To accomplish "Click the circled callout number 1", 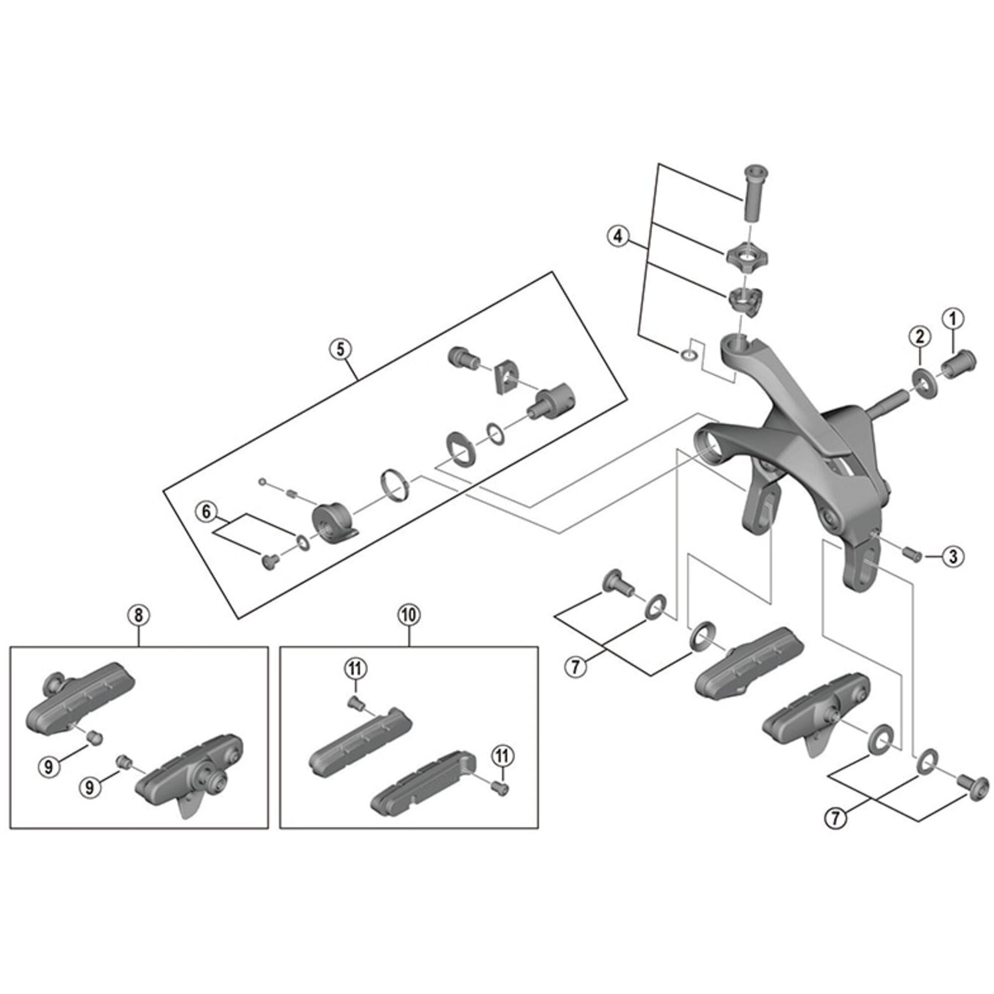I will [x=952, y=319].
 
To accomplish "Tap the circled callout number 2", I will [x=920, y=336].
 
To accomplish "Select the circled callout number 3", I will [x=953, y=556].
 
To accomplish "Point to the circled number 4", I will [x=617, y=236].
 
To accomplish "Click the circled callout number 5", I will [x=340, y=349].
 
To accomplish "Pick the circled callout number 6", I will [x=206, y=511].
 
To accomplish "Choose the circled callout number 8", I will [x=140, y=615].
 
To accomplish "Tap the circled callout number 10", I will [x=409, y=615].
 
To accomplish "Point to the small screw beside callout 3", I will [x=912, y=554].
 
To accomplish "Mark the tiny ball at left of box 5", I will [x=263, y=482].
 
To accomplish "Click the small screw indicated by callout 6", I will [x=269, y=561].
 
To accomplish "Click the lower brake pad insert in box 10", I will [x=426, y=791].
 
